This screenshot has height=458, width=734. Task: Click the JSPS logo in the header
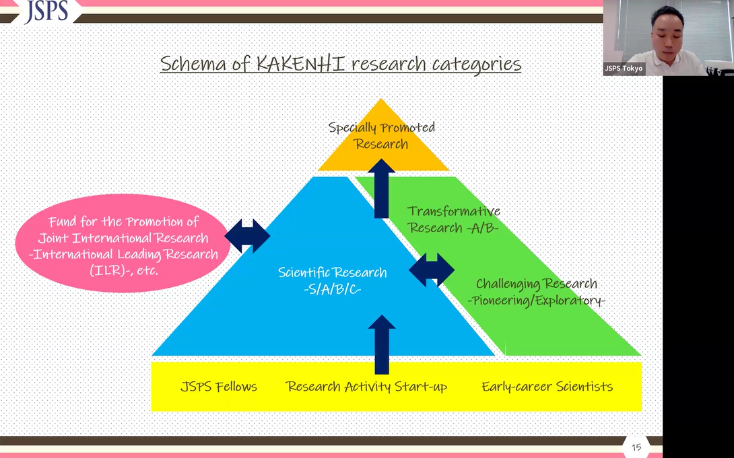46,11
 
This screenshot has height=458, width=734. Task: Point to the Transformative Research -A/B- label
453,219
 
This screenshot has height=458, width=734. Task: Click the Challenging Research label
536,284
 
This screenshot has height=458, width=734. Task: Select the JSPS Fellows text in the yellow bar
219,387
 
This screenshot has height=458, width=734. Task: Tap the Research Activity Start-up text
366,387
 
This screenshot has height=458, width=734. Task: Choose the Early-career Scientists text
547,387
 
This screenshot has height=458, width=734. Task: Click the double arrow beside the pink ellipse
247,235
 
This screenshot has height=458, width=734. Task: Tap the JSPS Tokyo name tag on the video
623,69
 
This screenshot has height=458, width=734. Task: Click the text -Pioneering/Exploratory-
536,301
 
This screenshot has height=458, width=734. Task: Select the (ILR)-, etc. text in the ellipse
124,270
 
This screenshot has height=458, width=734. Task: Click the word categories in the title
474,64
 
